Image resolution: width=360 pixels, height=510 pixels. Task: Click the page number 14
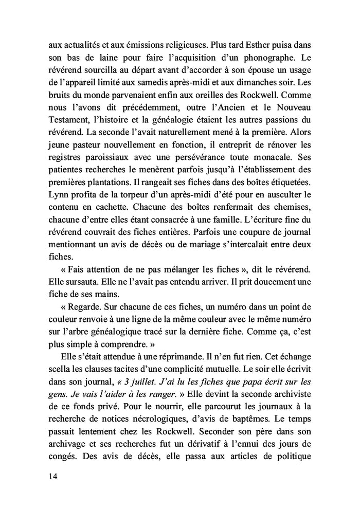49,476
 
